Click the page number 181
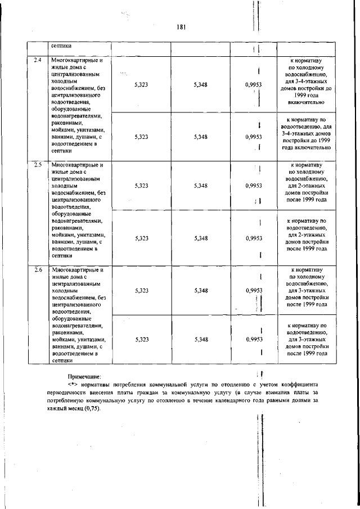pos(181,27)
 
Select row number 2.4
pos(38,60)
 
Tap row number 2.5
pos(38,165)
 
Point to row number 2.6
pos(38,270)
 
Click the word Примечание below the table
pos(84,376)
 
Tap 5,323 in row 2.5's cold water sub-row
pos(142,185)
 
